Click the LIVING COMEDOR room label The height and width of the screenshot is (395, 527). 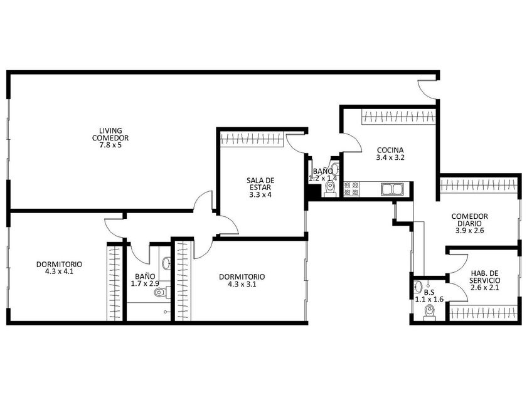click(x=110, y=134)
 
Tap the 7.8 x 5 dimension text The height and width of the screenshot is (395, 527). click(x=110, y=145)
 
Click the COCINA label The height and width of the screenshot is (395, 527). click(x=390, y=150)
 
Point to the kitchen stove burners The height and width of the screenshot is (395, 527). click(x=351, y=189)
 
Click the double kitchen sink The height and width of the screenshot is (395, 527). click(x=392, y=189)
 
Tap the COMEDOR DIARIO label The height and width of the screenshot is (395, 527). click(x=469, y=219)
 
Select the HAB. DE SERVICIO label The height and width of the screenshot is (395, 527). click(x=484, y=276)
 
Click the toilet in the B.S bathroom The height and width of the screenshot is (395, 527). click(x=430, y=313)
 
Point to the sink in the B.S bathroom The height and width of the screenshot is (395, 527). click(x=418, y=287)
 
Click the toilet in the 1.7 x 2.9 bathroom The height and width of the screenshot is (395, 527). click(x=161, y=293)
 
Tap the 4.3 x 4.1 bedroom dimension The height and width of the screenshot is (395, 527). click(x=59, y=271)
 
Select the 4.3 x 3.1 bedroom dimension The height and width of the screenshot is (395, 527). click(x=242, y=284)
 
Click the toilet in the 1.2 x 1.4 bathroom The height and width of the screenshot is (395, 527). click(x=331, y=188)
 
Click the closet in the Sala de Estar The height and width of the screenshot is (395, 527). click(x=252, y=139)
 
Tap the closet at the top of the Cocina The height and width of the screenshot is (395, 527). click(x=398, y=117)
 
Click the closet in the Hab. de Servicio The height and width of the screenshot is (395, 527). click(x=483, y=313)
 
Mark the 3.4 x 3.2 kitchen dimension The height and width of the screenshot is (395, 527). click(x=390, y=157)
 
